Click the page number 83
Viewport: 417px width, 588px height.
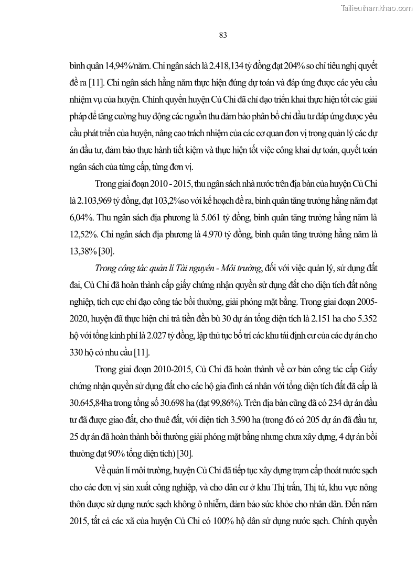(x=222, y=35)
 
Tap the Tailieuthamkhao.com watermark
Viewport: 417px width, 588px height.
(x=377, y=8)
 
